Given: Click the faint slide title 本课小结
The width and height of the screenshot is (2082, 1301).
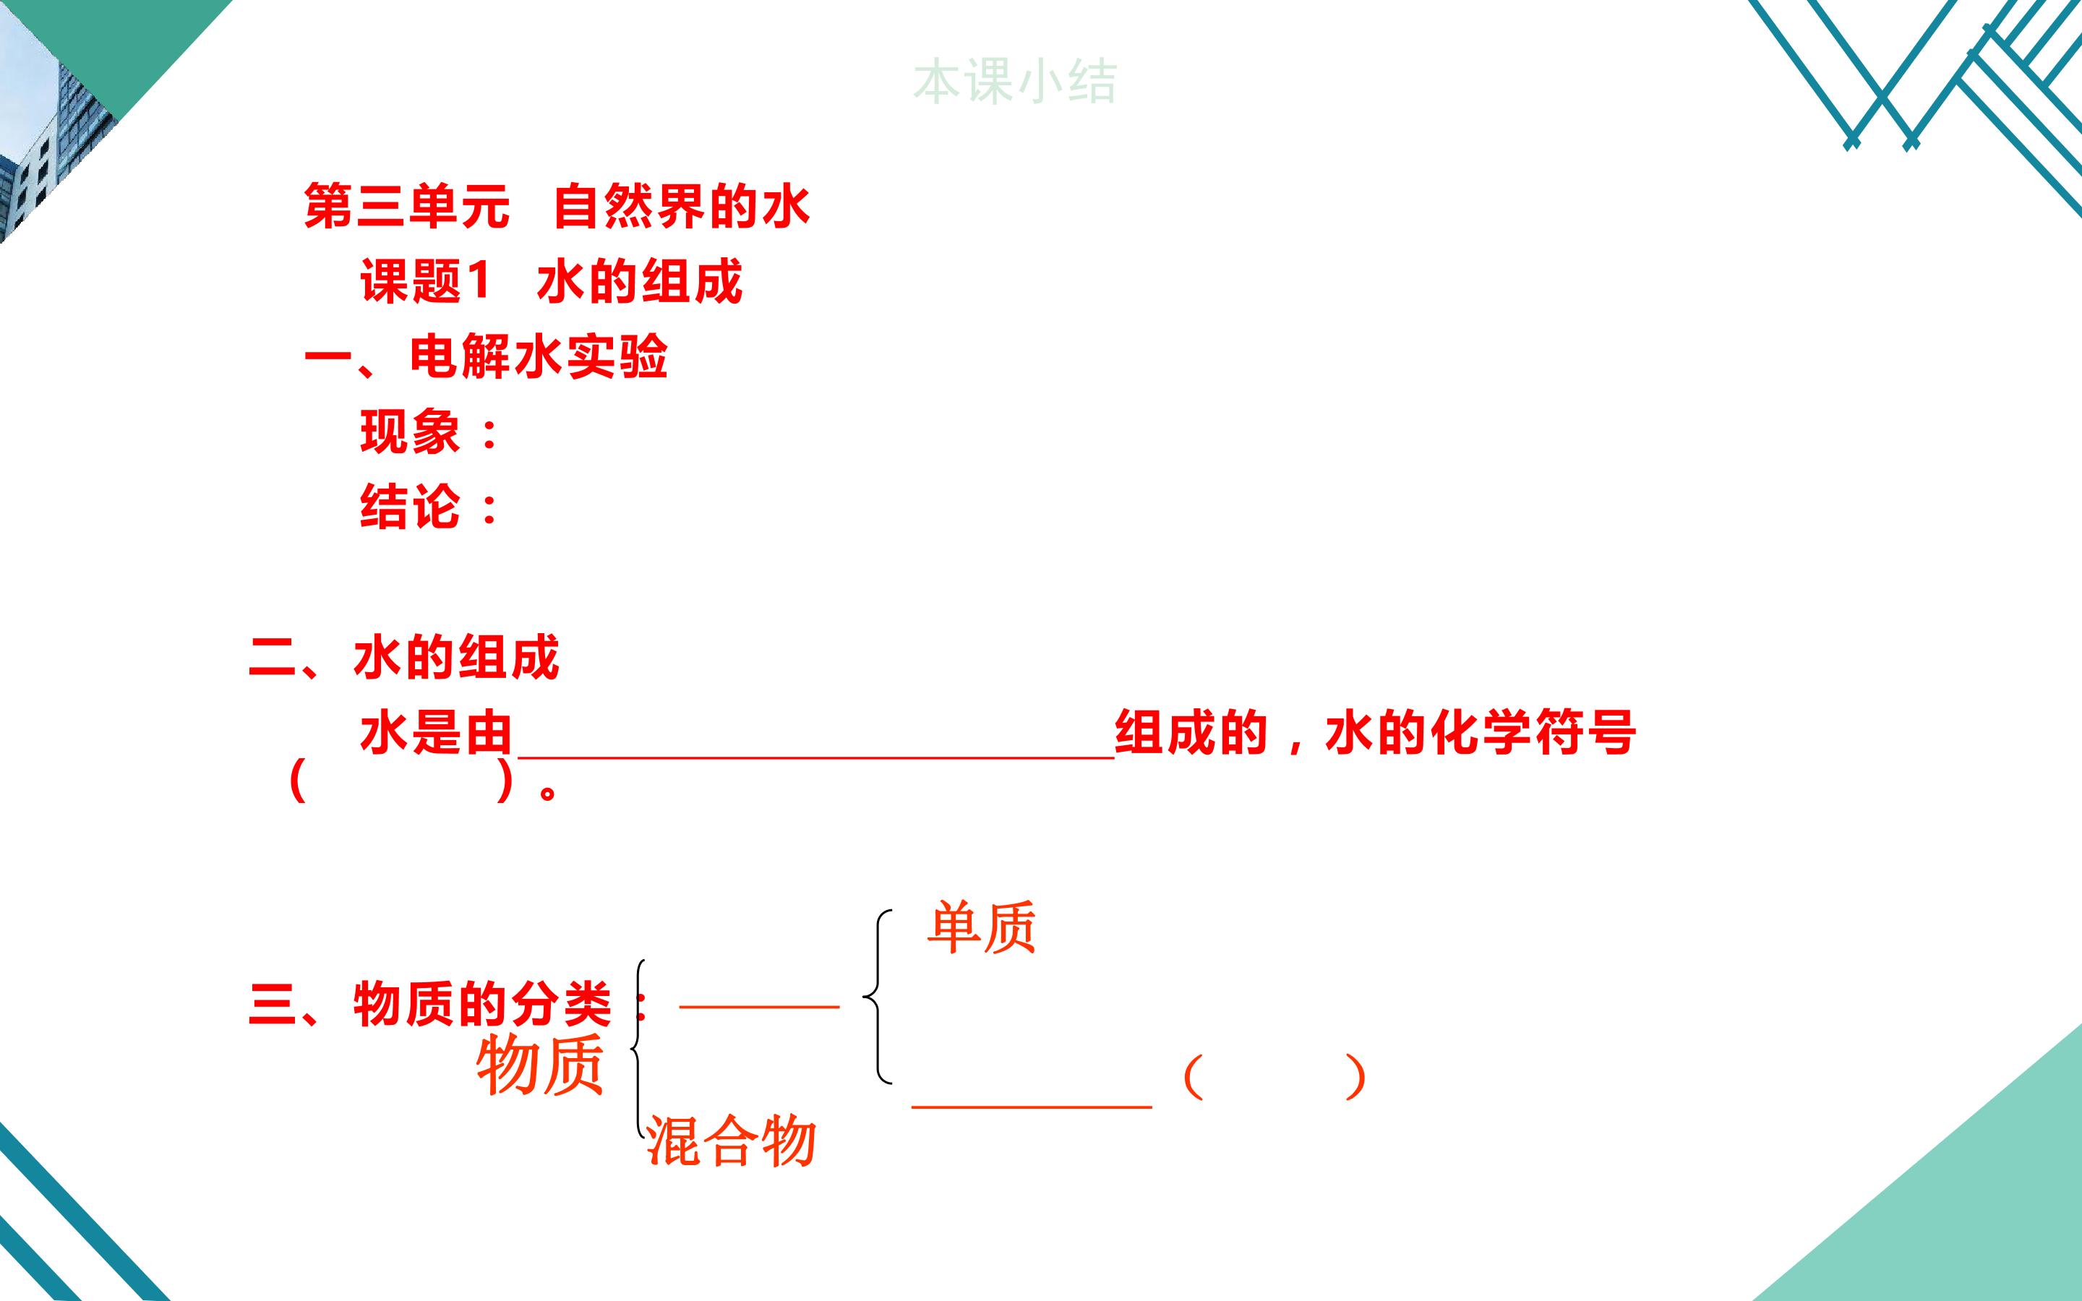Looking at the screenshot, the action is [1014, 82].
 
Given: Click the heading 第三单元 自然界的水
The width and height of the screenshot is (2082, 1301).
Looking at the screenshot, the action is [557, 207].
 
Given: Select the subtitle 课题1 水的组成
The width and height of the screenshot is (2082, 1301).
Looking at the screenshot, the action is [551, 281].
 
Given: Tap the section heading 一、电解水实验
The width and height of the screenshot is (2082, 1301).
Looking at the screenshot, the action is [486, 356].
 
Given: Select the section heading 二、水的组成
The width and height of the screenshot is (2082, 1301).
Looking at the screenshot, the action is [404, 658].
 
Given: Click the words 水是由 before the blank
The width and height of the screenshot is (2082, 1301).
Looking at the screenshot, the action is [436, 732].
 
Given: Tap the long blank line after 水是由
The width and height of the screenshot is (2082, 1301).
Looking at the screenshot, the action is [815, 757].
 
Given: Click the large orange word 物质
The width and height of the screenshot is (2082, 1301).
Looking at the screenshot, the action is [540, 1065].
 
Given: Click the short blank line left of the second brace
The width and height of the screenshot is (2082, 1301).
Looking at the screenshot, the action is [759, 1004].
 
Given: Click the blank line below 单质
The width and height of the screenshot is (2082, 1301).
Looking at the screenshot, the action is [1032, 1106].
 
